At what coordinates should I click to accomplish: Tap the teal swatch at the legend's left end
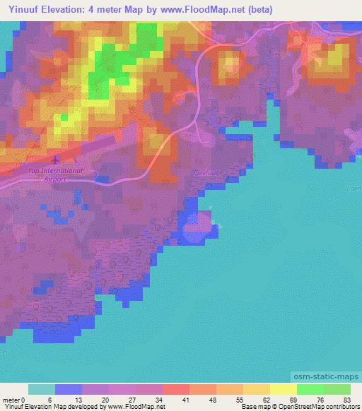tap(41, 389)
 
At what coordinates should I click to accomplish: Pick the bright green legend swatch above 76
tap(310, 389)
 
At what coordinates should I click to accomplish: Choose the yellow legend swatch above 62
tap(256, 389)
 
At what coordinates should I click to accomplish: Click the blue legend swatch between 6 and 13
tap(68, 389)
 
